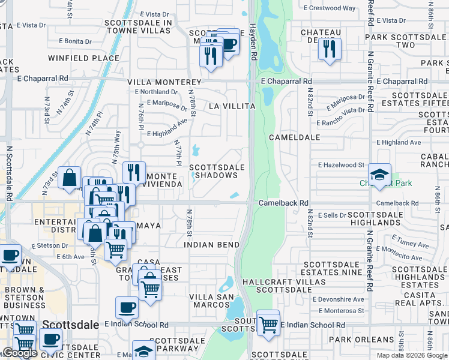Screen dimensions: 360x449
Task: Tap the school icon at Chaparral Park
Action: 379,175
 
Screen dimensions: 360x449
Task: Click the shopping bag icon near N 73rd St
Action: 70,177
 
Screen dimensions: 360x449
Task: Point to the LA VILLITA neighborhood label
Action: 232,106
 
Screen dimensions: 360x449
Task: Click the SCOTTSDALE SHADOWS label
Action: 217,171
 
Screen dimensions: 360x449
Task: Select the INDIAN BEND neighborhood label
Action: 212,245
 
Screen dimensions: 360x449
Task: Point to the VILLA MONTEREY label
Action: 164,82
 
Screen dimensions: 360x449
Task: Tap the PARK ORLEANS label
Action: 356,340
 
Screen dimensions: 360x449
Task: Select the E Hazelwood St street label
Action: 341,164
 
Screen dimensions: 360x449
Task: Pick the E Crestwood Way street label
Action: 329,8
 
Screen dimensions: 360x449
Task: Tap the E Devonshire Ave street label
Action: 339,299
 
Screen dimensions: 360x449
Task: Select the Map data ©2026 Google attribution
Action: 412,355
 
